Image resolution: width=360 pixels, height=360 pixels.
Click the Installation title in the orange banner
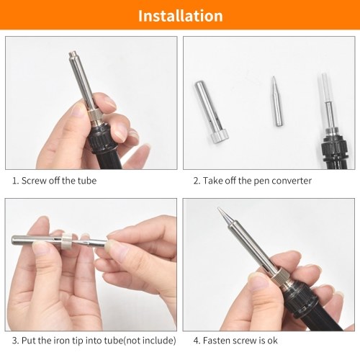(x=181, y=16)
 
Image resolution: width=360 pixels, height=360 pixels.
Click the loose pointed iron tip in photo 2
(x=276, y=102)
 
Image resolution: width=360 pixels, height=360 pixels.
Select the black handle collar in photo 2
(x=335, y=149)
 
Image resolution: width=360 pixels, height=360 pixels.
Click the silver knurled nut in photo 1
(x=97, y=117)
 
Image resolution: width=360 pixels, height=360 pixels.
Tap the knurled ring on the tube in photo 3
(x=66, y=241)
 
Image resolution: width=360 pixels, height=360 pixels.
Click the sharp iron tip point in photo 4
(x=218, y=208)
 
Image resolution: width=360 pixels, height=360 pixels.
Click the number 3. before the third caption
(x=16, y=341)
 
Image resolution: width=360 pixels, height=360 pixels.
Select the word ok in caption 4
(x=272, y=341)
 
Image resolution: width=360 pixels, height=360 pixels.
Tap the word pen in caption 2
(x=262, y=181)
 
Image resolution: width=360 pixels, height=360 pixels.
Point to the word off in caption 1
(x=54, y=181)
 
